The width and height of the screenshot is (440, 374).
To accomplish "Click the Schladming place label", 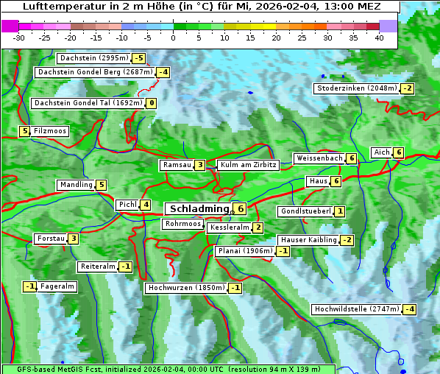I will (198, 209).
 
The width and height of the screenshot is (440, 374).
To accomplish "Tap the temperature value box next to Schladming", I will (241, 209).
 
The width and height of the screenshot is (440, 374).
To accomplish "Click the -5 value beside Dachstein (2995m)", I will (138, 58).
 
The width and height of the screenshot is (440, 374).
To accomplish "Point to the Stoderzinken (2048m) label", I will (356, 88).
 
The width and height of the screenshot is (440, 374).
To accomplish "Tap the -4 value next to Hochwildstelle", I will (409, 309).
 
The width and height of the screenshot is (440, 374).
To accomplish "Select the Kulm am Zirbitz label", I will (248, 165).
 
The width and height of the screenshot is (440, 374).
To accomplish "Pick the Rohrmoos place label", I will (183, 224).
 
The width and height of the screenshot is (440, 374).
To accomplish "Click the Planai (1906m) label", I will (245, 251).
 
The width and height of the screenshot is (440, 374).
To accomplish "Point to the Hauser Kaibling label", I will (308, 240).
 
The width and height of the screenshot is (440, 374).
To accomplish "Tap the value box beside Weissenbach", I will (352, 158).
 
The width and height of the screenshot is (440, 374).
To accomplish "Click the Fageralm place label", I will (57, 286).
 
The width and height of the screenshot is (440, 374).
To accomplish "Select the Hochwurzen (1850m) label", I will (185, 288).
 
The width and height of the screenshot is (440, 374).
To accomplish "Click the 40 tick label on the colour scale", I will (379, 38).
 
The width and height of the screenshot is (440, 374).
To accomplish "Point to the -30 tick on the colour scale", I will (19, 38).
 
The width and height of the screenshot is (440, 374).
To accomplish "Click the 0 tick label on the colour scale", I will (173, 38).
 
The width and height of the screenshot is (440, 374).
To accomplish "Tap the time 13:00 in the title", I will (328, 7).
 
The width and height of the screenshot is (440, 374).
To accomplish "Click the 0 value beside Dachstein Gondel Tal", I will (151, 103).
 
